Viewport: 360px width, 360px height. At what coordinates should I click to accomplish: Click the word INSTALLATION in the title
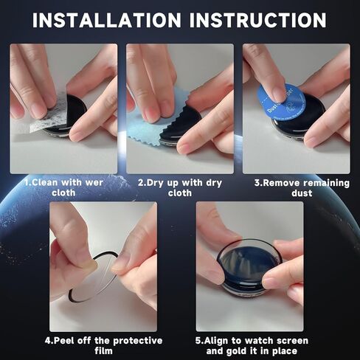[x=107, y=20]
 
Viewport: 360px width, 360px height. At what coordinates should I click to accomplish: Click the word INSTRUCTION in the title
[x=258, y=20]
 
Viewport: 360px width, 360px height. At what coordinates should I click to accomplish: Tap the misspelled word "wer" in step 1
[x=94, y=182]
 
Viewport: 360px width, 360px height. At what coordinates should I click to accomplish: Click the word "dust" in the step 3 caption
[x=302, y=193]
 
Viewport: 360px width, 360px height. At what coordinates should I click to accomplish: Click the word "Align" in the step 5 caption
[x=216, y=341]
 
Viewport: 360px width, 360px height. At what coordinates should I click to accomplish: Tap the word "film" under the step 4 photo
[x=103, y=351]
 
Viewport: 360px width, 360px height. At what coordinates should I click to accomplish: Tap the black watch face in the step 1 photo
[x=72, y=113]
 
